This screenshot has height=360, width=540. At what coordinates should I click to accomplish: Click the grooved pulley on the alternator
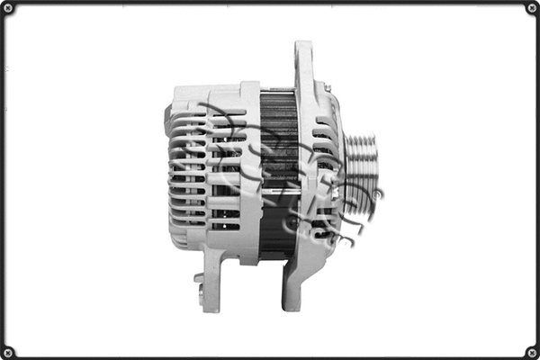click(362, 174)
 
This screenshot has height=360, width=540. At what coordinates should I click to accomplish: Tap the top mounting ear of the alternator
click(303, 63)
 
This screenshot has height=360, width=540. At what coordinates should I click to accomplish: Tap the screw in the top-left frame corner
click(9, 9)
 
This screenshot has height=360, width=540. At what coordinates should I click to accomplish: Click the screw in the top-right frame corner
click(531, 9)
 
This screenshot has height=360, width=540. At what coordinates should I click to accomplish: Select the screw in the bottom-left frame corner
click(9, 351)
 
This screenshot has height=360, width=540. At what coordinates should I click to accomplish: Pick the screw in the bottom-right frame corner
click(531, 351)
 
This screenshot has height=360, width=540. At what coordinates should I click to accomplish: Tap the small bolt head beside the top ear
click(328, 87)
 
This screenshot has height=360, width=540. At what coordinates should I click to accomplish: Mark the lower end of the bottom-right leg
click(291, 301)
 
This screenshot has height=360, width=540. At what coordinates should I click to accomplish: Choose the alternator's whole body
click(270, 175)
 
